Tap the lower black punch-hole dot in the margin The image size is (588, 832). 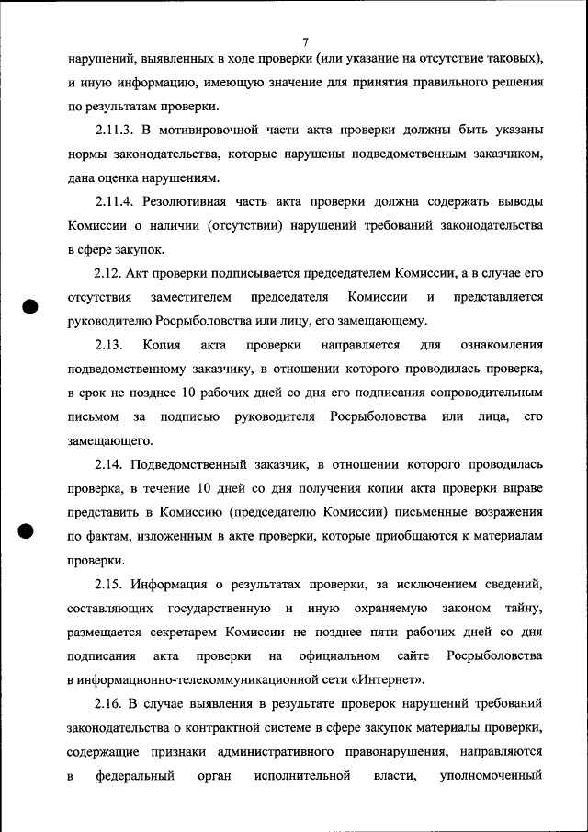coord(28,532)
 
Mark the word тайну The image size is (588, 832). coord(523,608)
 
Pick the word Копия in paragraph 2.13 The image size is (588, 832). coord(161,345)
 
